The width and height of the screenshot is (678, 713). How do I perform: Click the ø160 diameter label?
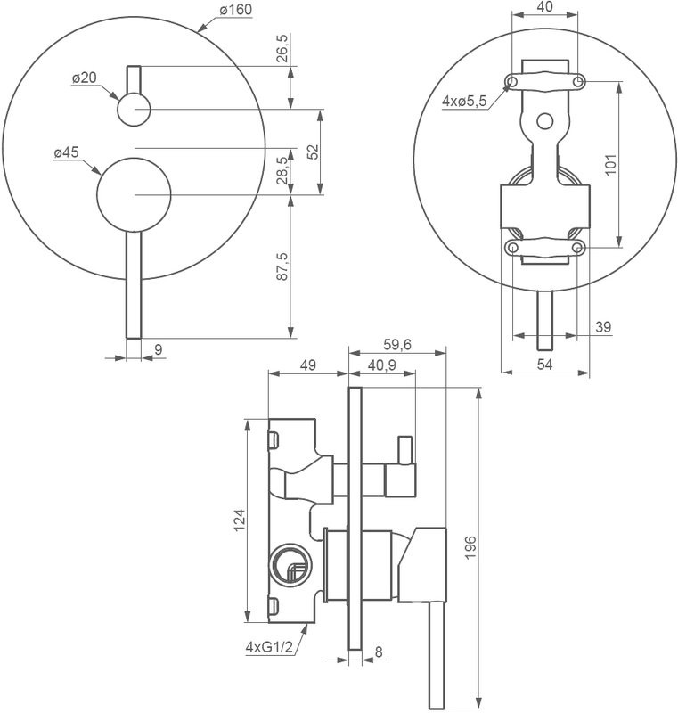coord(234,10)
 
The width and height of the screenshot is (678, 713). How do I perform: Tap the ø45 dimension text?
coord(67,153)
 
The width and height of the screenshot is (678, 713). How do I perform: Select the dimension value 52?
coord(313,151)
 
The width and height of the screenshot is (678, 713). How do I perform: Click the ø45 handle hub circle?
coord(134,194)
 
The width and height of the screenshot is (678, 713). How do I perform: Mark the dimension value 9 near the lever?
coord(158,349)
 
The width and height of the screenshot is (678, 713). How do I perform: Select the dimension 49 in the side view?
coord(307,364)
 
